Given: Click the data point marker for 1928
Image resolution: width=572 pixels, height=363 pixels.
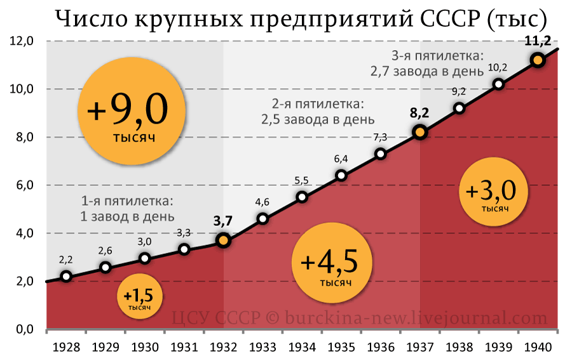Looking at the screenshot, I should point(66,276).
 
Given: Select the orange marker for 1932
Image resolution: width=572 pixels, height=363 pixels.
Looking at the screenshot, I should point(223,241).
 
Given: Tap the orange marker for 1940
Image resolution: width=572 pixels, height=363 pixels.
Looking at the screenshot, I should point(538,60).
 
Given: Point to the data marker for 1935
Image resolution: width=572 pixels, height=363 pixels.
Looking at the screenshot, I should point(341,175).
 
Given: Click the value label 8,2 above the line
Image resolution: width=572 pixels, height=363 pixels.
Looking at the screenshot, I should point(419,114).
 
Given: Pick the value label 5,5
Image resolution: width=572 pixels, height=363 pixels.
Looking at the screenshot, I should point(301,180).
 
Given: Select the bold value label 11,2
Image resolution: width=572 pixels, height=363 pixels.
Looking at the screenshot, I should point(538,42).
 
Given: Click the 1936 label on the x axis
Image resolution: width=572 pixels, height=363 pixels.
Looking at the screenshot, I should point(380,347).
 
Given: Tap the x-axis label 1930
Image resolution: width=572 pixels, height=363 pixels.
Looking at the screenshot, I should point(145,347).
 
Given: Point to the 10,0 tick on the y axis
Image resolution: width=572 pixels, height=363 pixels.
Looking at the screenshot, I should point(23,89).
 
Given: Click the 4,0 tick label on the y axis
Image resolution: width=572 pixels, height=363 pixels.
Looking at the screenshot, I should point(23,234).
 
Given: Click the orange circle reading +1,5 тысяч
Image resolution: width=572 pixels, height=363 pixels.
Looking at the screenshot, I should point(139,298).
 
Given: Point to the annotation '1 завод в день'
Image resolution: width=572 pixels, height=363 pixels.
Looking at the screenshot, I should point(128,216).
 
